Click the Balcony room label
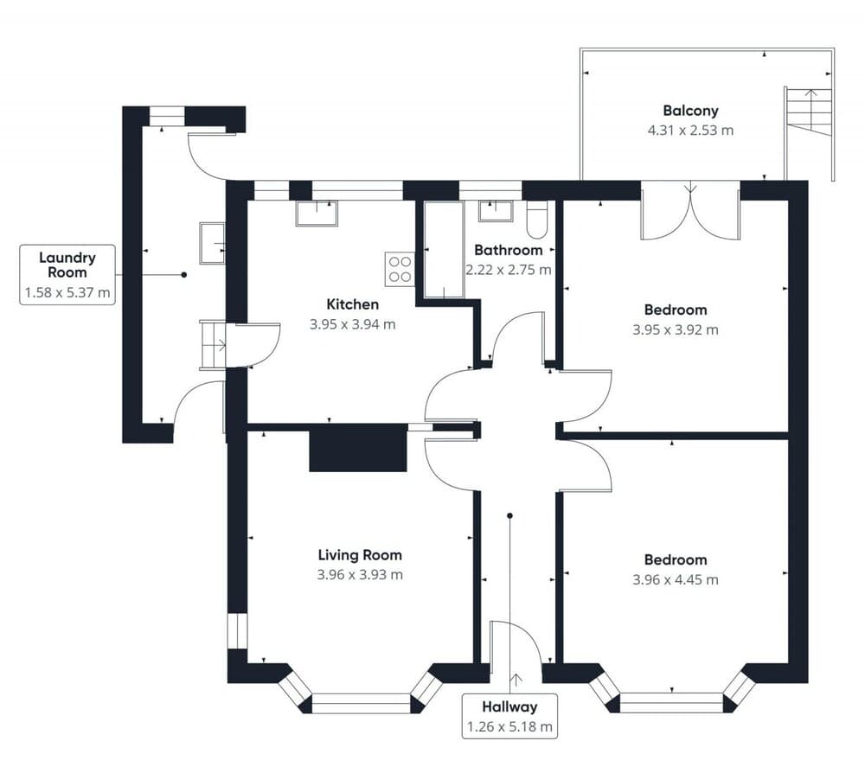690,111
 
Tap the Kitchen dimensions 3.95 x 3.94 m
352,325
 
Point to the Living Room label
360,555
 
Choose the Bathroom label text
508,250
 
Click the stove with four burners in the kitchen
400,268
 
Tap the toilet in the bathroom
536,220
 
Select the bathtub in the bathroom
445,251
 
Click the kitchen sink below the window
317,213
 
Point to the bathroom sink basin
496,210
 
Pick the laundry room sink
212,243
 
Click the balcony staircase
810,112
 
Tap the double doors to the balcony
690,210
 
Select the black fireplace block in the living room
358,450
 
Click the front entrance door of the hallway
516,644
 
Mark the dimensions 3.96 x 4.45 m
675,580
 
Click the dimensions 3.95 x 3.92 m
675,329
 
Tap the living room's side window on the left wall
237,631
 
